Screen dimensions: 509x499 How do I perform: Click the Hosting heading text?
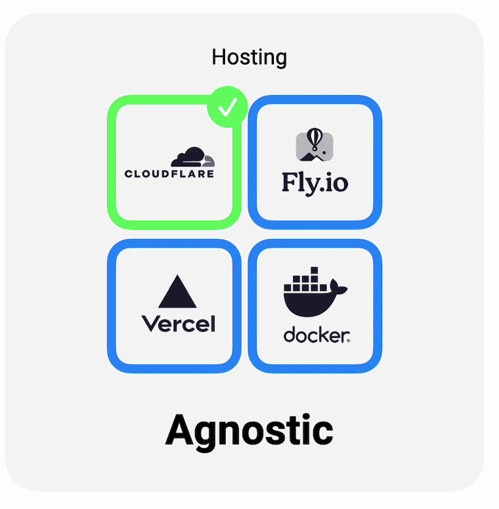click(x=249, y=57)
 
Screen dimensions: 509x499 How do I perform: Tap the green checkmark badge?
click(x=228, y=107)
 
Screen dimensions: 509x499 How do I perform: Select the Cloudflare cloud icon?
click(x=193, y=157)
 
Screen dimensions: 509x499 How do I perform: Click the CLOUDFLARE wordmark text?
click(x=169, y=174)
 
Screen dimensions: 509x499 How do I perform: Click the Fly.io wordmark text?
click(x=315, y=183)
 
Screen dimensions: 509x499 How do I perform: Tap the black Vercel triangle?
click(x=178, y=293)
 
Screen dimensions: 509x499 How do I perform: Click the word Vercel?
click(x=178, y=323)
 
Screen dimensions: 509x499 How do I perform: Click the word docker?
click(x=316, y=336)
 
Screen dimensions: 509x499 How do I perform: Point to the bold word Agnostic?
click(x=249, y=430)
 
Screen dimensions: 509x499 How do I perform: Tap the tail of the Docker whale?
click(x=339, y=288)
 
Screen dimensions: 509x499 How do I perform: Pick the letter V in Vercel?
click(x=150, y=323)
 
